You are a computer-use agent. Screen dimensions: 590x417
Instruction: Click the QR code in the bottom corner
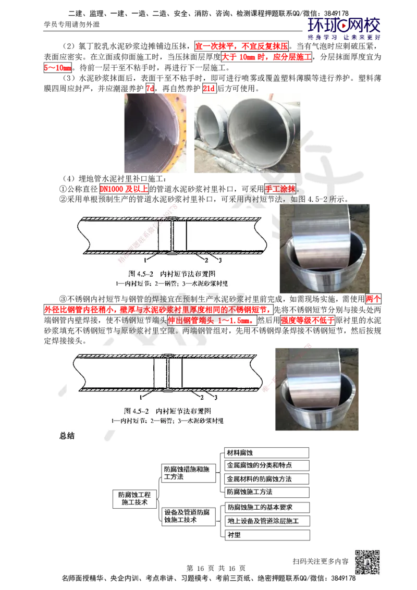pos(369,562)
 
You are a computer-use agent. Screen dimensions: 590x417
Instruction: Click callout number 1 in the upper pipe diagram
pos(148,259)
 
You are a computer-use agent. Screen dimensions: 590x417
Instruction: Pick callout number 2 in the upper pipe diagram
pos(207,260)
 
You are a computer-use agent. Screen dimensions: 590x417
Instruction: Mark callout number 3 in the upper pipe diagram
pos(220,260)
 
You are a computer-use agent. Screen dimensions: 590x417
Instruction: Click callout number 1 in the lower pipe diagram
pos(142,398)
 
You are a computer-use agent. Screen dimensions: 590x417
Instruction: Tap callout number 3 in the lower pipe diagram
pos(216,399)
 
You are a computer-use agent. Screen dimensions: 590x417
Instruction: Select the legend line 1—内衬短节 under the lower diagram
pos(130,420)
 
